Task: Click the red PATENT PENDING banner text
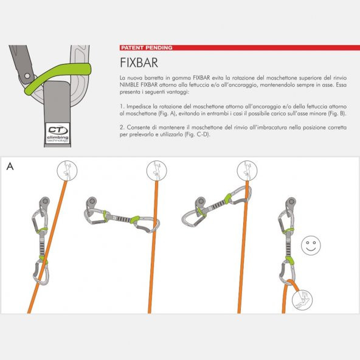[x=147, y=47]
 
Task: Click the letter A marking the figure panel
[x=9, y=166]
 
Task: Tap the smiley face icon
[x=312, y=246]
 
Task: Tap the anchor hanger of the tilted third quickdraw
[x=199, y=201]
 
